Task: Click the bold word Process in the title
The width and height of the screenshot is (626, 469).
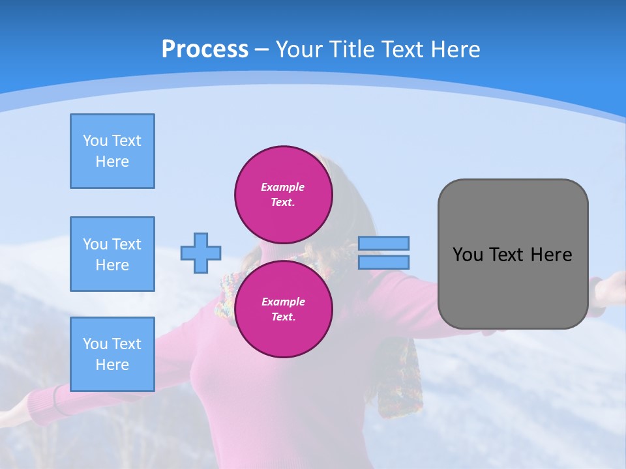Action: click(205, 50)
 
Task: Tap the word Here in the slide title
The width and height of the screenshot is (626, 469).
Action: click(454, 50)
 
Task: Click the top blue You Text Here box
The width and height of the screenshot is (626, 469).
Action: click(112, 151)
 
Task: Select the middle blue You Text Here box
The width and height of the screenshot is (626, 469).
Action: click(112, 254)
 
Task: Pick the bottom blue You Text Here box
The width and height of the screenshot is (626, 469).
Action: click(112, 354)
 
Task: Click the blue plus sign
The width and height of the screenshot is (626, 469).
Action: click(201, 253)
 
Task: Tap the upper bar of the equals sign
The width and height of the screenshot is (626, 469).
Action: click(383, 243)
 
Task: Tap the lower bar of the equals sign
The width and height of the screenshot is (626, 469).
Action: click(383, 263)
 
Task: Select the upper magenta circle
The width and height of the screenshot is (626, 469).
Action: click(284, 194)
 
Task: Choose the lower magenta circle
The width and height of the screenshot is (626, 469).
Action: click(284, 309)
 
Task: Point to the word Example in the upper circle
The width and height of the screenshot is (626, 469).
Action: click(283, 187)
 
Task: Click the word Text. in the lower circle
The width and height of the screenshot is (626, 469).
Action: click(283, 317)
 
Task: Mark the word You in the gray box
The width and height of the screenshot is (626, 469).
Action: click(467, 255)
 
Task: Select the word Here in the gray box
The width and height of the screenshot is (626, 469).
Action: click(551, 255)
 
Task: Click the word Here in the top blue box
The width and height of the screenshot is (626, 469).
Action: click(112, 162)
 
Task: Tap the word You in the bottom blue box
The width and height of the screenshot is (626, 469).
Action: click(95, 344)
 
